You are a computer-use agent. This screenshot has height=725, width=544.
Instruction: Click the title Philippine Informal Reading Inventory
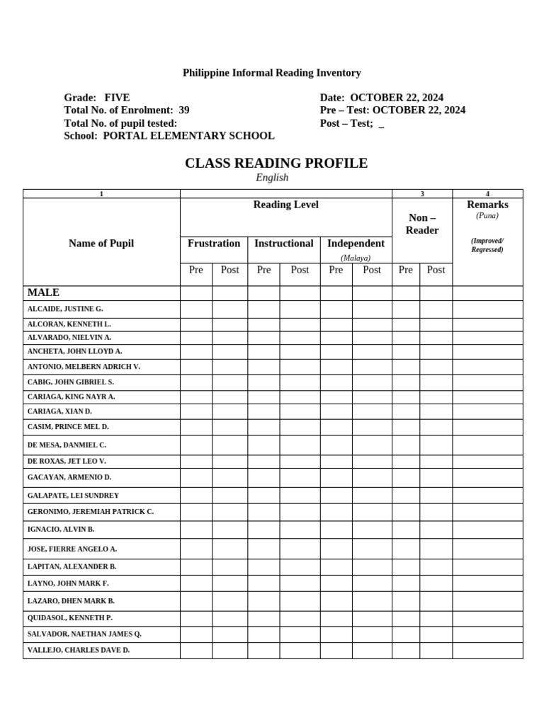coord(272,73)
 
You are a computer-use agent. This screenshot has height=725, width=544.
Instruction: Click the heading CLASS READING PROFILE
coord(276,164)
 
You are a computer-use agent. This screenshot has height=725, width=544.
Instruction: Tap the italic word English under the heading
coord(272,178)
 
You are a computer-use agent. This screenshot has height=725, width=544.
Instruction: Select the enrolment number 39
coord(183,110)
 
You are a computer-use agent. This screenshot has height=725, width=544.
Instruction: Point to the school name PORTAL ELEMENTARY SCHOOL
coord(188,136)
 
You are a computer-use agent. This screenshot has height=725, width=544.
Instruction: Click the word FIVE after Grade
coord(117,98)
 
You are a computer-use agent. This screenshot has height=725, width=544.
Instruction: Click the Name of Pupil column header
coord(101,244)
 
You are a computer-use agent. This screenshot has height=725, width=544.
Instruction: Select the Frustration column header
coord(214,244)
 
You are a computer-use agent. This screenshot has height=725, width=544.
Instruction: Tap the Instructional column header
coord(283,244)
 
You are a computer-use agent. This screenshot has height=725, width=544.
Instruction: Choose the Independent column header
coord(356,244)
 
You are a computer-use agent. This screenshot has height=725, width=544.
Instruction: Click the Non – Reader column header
coord(422,224)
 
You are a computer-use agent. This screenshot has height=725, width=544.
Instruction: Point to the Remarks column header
coord(487,205)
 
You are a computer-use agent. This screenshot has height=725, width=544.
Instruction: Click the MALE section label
coord(43,292)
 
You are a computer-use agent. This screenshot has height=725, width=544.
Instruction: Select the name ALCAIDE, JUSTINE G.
coord(65,309)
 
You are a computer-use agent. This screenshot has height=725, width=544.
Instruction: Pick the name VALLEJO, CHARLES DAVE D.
coord(79,650)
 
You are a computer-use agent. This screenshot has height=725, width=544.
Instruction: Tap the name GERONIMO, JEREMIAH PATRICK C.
coord(91,511)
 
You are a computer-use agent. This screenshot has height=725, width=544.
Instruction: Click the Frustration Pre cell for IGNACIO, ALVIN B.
coord(196,530)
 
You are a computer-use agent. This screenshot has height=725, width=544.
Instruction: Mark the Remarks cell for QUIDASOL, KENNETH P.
coord(487,618)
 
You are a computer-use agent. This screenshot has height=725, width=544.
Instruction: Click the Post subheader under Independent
coord(372,270)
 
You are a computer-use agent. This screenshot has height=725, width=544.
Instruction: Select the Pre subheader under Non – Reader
coord(406,270)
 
